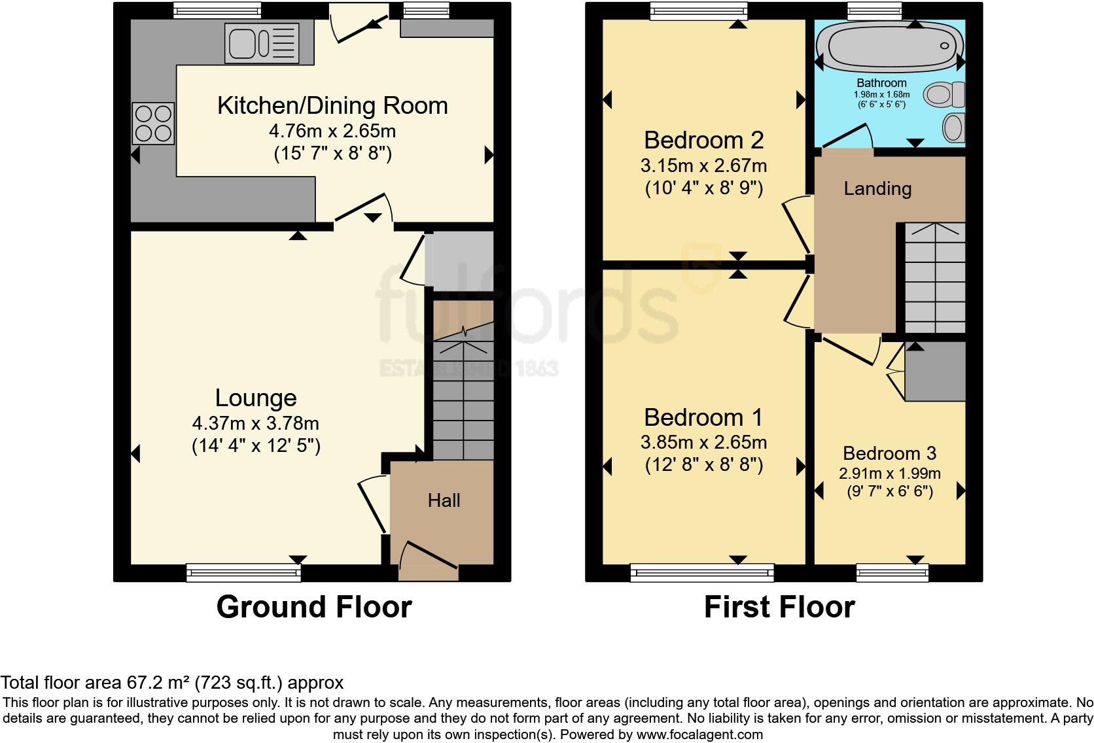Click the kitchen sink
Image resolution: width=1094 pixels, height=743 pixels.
click(x=262, y=44)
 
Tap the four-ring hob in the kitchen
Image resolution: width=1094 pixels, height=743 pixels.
click(x=153, y=124)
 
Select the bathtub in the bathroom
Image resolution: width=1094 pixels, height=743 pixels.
click(x=891, y=47)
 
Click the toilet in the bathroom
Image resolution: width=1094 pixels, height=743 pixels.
click(x=944, y=94)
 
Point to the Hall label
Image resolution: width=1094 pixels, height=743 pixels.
click(x=444, y=500)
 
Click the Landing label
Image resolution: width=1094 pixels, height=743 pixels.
click(x=877, y=189)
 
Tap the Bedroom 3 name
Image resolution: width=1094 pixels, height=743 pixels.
click(x=889, y=453)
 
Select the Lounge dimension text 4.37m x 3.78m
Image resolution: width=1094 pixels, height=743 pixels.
click(x=255, y=423)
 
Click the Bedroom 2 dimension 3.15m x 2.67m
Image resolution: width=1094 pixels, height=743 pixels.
click(x=704, y=165)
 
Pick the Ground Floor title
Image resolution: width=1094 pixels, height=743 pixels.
click(x=314, y=607)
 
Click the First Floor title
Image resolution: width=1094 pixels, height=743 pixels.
click(x=779, y=607)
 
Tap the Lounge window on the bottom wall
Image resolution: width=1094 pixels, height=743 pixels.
click(x=243, y=573)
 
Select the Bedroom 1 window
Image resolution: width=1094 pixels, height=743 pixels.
click(x=702, y=573)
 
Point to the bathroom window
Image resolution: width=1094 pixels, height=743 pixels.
click(x=874, y=10)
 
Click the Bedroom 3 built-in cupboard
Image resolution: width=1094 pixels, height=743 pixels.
click(x=935, y=371)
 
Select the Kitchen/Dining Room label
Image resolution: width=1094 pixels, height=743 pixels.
click(x=332, y=105)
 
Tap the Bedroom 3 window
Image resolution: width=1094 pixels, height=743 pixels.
click(x=892, y=573)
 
